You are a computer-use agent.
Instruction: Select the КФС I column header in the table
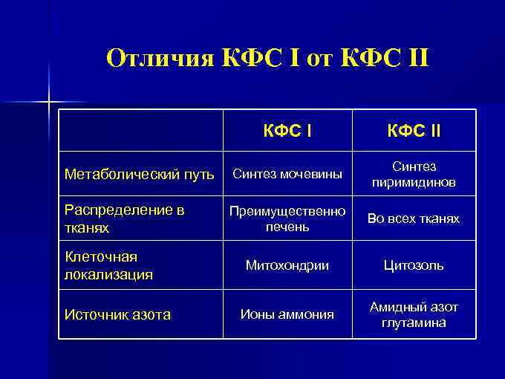[x=287, y=132]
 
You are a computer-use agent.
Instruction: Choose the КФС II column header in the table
[x=414, y=132]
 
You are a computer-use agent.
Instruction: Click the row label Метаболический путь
[x=140, y=175]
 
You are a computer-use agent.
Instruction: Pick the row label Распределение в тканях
[x=124, y=219]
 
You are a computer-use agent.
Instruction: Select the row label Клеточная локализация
[x=109, y=265]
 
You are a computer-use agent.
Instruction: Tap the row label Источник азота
[x=117, y=314]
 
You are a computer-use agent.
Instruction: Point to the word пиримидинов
[x=414, y=183]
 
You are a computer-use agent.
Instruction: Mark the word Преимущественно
[x=287, y=211]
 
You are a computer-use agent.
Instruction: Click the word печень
[x=287, y=226]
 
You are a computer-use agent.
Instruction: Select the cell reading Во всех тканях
[x=414, y=219]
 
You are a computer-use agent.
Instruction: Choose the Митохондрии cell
[x=287, y=265]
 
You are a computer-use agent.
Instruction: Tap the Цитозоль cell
[x=414, y=265]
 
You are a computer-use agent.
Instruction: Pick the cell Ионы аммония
[x=287, y=314]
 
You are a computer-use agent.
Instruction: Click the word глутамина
[x=414, y=323]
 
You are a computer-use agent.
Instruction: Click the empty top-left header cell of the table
[x=141, y=132]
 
